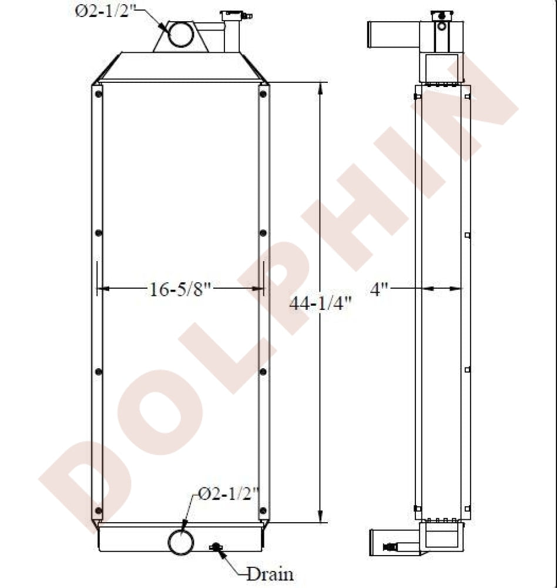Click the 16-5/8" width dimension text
coord(180,289)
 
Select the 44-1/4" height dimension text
coord(321,303)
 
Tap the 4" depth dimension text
coord(379,289)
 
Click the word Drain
coord(270,574)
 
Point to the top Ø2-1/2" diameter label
coord(105,11)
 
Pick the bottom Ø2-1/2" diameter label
coord(229,495)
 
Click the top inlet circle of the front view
coord(181,34)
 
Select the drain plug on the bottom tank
coord(216,547)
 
